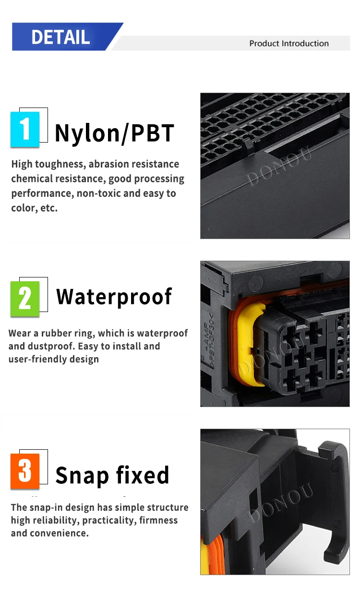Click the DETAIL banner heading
coord(60,37)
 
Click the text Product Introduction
coord(289,44)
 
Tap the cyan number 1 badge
coord(25,129)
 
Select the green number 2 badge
coord(25,299)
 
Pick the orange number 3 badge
coord(25,471)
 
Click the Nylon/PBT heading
coord(115,133)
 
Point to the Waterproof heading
coord(114,297)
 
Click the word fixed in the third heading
coord(143,475)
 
